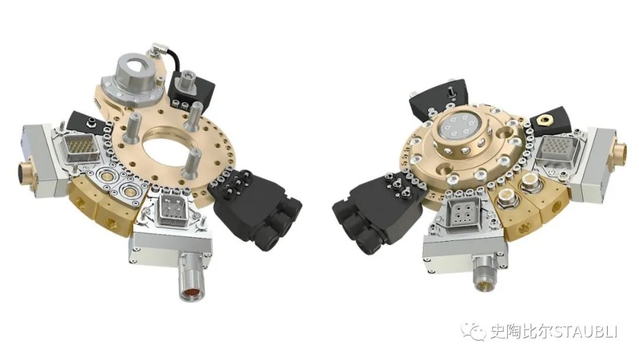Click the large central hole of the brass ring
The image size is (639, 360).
pyautogui.click(x=166, y=148)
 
